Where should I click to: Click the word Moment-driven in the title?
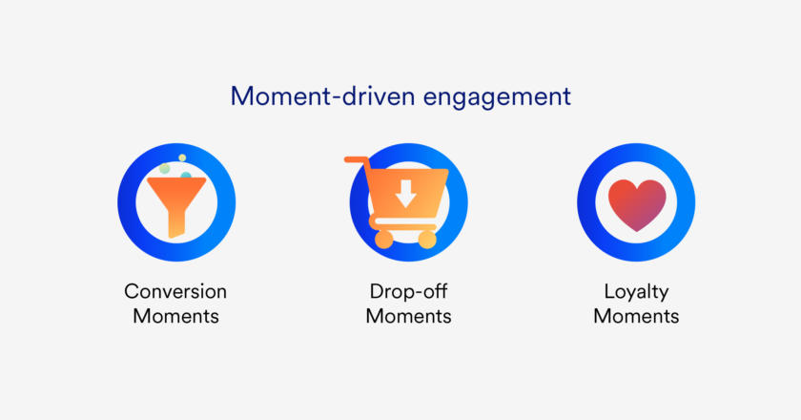point(322,96)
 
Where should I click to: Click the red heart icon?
point(637,204)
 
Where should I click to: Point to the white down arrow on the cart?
point(405,194)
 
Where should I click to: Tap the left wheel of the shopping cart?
point(383,239)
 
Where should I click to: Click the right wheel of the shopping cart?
point(427,239)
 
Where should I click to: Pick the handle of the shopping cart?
point(357,160)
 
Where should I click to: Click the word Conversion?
point(175,291)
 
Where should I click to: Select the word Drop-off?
point(408,291)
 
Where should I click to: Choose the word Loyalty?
point(636,293)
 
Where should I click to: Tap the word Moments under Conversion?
point(175,316)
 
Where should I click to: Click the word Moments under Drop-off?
point(408,316)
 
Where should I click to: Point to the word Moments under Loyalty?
point(636,316)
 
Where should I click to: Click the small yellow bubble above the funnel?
point(182,157)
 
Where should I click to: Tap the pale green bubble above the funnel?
point(164,168)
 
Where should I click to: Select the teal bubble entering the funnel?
point(186,175)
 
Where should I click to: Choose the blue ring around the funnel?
point(127,202)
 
